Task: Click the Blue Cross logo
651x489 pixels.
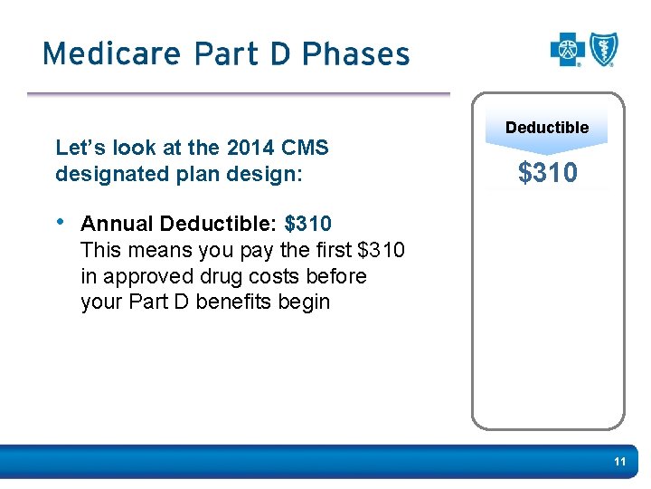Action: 568,50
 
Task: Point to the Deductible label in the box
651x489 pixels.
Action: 547,128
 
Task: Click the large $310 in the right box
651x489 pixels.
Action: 547,172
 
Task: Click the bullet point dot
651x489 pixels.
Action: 60,222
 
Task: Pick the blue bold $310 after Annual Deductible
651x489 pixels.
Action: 308,223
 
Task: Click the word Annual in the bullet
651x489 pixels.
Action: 117,223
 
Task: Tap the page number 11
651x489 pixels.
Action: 619,462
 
